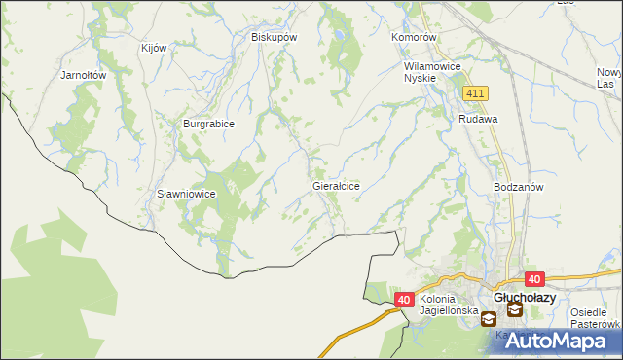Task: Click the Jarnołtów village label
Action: [x=83, y=74]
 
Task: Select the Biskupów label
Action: [x=274, y=37]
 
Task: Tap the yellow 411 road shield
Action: [x=475, y=92]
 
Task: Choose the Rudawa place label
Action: [x=479, y=118]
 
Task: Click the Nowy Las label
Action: [x=609, y=79]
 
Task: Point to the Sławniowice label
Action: [x=186, y=194]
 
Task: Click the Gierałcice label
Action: [x=337, y=185]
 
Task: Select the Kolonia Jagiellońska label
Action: [x=451, y=305]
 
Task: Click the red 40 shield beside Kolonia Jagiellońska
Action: [x=406, y=301]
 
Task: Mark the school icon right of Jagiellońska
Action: [x=488, y=315]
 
